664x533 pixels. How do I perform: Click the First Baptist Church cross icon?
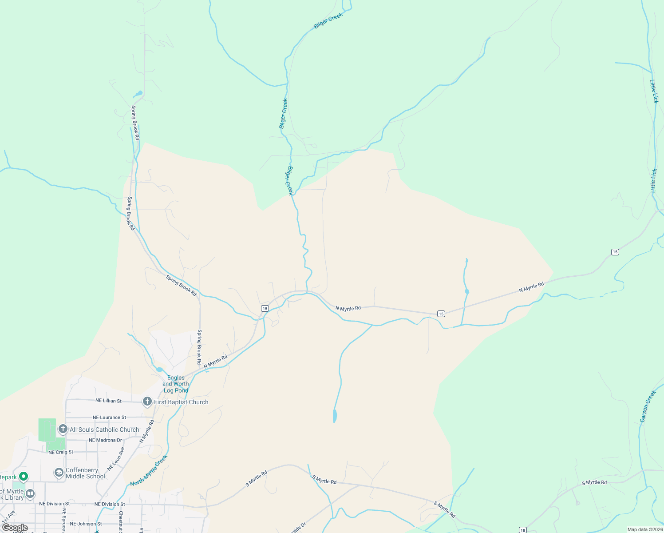pos(147,402)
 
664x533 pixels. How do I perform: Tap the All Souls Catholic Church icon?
pos(63,429)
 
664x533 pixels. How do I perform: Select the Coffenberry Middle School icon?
pos(59,473)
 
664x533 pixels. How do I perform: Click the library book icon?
pos(30,493)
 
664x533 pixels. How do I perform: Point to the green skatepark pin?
pos(24,477)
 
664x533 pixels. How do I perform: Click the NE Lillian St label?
pos(108,401)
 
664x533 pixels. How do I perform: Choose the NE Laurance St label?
pos(109,418)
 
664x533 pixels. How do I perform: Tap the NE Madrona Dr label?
pos(105,440)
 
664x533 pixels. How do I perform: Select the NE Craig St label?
pos(61,452)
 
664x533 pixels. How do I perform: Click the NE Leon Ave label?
pos(116,459)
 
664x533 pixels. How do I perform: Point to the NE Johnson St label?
pos(86,524)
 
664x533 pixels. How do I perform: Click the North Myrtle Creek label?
pos(149,470)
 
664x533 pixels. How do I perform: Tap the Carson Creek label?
pos(648,406)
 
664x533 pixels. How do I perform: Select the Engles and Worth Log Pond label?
pos(176,384)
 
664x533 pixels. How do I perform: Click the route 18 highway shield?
pos(523,530)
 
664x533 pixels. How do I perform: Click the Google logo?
pos(15,528)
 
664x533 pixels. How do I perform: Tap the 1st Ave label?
pos(8,517)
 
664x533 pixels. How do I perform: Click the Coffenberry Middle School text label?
pos(85,473)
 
